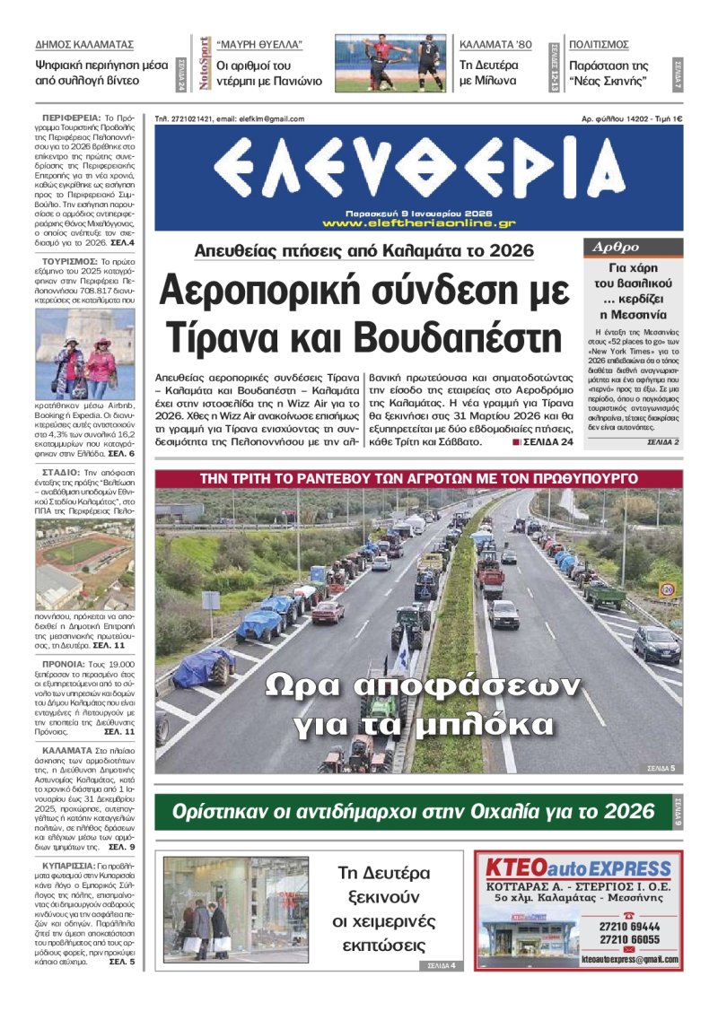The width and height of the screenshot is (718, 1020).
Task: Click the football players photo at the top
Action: pyautogui.click(x=390, y=63)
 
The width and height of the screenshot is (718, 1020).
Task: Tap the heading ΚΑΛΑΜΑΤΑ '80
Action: pyautogui.click(x=495, y=44)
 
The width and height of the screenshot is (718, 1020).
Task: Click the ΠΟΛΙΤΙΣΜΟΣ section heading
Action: pyautogui.click(x=599, y=44)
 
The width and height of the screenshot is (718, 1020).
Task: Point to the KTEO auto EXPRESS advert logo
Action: pyautogui.click(x=578, y=868)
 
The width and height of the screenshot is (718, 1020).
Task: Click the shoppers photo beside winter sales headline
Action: pyautogui.click(x=236, y=909)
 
